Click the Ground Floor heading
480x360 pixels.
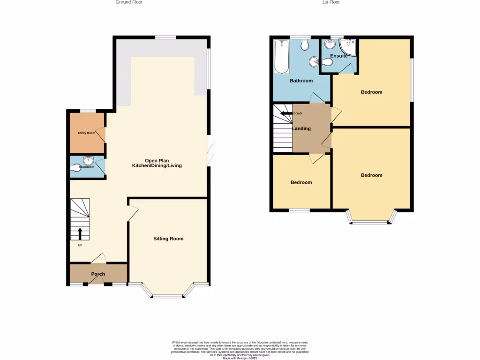(x=129, y=2)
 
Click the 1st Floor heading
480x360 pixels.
(x=330, y=2)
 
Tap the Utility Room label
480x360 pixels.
(x=86, y=133)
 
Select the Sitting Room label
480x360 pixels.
(x=168, y=239)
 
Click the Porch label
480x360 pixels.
(x=98, y=274)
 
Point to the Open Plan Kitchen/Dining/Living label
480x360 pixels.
(x=157, y=163)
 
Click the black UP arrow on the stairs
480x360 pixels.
(x=79, y=233)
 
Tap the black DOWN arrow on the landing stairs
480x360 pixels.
(x=285, y=113)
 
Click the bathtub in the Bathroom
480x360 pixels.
(x=281, y=57)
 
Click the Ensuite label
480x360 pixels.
(x=338, y=56)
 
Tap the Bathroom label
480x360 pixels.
(x=301, y=81)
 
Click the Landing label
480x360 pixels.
(x=301, y=128)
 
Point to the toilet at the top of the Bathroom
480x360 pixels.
(x=305, y=45)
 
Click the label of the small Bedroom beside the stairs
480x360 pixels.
(x=301, y=182)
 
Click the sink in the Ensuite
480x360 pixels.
(x=330, y=45)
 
